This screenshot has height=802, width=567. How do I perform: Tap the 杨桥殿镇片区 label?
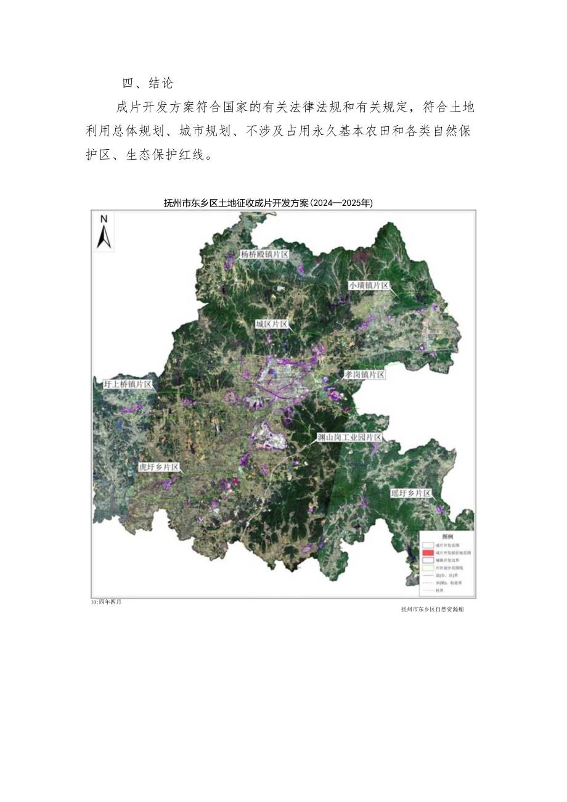pos(264,254)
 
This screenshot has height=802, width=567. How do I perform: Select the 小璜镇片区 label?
pos(369,285)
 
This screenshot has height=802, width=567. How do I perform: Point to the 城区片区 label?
pos(271,324)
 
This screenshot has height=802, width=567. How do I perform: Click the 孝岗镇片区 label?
pos(364,375)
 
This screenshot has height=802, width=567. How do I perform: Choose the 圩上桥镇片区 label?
pos(128,383)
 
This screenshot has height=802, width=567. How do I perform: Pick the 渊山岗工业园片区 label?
pos(349,437)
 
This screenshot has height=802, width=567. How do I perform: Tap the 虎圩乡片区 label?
pos(158,468)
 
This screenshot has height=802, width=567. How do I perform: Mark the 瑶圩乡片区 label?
pos(411,494)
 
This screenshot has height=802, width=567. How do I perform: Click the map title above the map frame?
pos(268,203)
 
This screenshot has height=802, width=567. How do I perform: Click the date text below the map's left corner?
pos(106,602)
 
